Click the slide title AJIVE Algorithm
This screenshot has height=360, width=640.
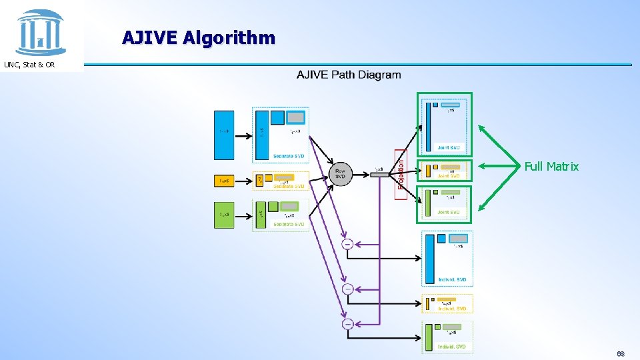click(x=198, y=37)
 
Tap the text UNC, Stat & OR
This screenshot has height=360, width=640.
click(x=29, y=65)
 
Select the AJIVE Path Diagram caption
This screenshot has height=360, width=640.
click(x=349, y=75)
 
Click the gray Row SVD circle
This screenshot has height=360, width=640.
click(x=340, y=174)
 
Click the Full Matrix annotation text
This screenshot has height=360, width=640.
click(x=551, y=167)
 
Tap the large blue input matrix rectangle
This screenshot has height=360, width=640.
click(x=224, y=135)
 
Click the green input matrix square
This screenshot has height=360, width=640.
click(x=224, y=215)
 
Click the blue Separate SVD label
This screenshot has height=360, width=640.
click(x=288, y=156)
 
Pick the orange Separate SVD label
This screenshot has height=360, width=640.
click(x=288, y=187)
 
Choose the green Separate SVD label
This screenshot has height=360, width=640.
click(x=288, y=225)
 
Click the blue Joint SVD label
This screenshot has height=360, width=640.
click(x=448, y=147)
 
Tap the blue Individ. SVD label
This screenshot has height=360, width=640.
click(x=452, y=280)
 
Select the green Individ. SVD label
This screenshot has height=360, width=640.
click(x=452, y=347)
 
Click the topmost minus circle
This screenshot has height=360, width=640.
click(x=347, y=245)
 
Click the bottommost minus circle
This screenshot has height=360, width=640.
click(x=347, y=324)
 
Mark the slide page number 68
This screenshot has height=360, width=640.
click(x=621, y=353)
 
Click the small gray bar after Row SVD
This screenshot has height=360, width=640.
click(x=379, y=174)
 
